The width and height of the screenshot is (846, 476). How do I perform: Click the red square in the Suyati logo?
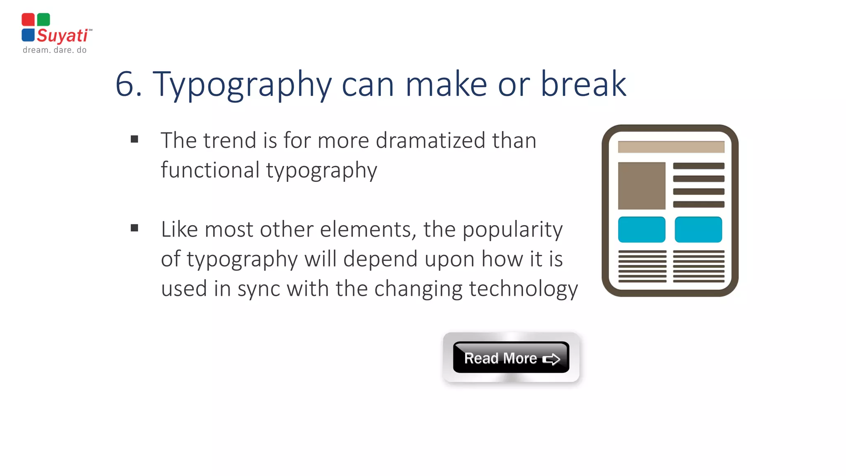pos(28,19)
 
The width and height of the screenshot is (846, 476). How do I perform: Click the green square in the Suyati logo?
pos(43,19)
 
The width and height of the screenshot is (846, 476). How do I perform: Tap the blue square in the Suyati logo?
pos(28,35)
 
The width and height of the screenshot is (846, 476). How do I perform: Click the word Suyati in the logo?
pos(62,36)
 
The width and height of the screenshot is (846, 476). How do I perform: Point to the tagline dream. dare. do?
pos(55,50)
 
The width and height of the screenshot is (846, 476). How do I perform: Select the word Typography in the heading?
pos(242,84)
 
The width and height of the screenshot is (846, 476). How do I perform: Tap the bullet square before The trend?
pos(134,139)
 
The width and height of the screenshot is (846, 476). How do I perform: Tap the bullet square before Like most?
pos(134,228)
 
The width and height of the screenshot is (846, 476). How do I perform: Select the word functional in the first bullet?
pos(210,170)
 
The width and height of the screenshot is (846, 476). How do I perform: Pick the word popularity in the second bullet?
pos(512,230)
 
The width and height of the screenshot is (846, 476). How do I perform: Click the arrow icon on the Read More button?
pos(551,359)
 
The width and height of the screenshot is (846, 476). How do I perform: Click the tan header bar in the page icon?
pos(671,147)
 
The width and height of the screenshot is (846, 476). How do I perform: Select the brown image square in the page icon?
pos(642,186)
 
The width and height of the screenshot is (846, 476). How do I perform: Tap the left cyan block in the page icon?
pos(642,229)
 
